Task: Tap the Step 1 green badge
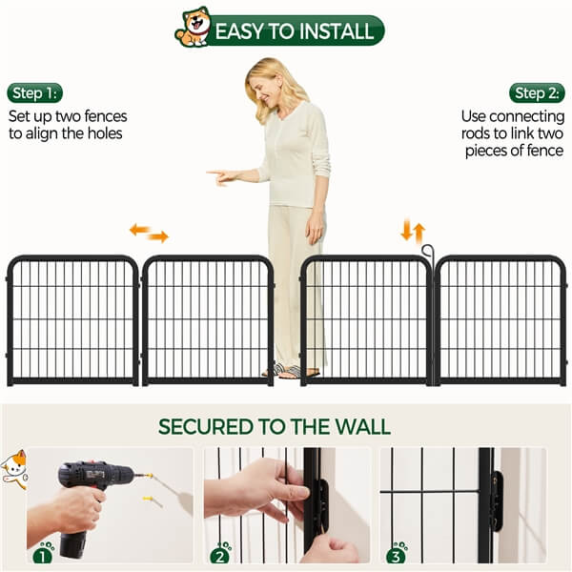(34, 92)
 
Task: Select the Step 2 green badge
(538, 92)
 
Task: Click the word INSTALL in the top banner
(333, 31)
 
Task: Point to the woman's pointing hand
(220, 175)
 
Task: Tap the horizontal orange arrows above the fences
(149, 232)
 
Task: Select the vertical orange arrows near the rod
(412, 231)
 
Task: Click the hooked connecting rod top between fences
(428, 253)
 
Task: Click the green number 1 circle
(44, 552)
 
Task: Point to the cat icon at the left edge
(13, 468)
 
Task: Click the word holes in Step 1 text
(103, 134)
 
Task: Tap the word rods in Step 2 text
(482, 134)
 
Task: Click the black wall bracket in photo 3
(496, 500)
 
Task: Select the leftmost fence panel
(72, 319)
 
